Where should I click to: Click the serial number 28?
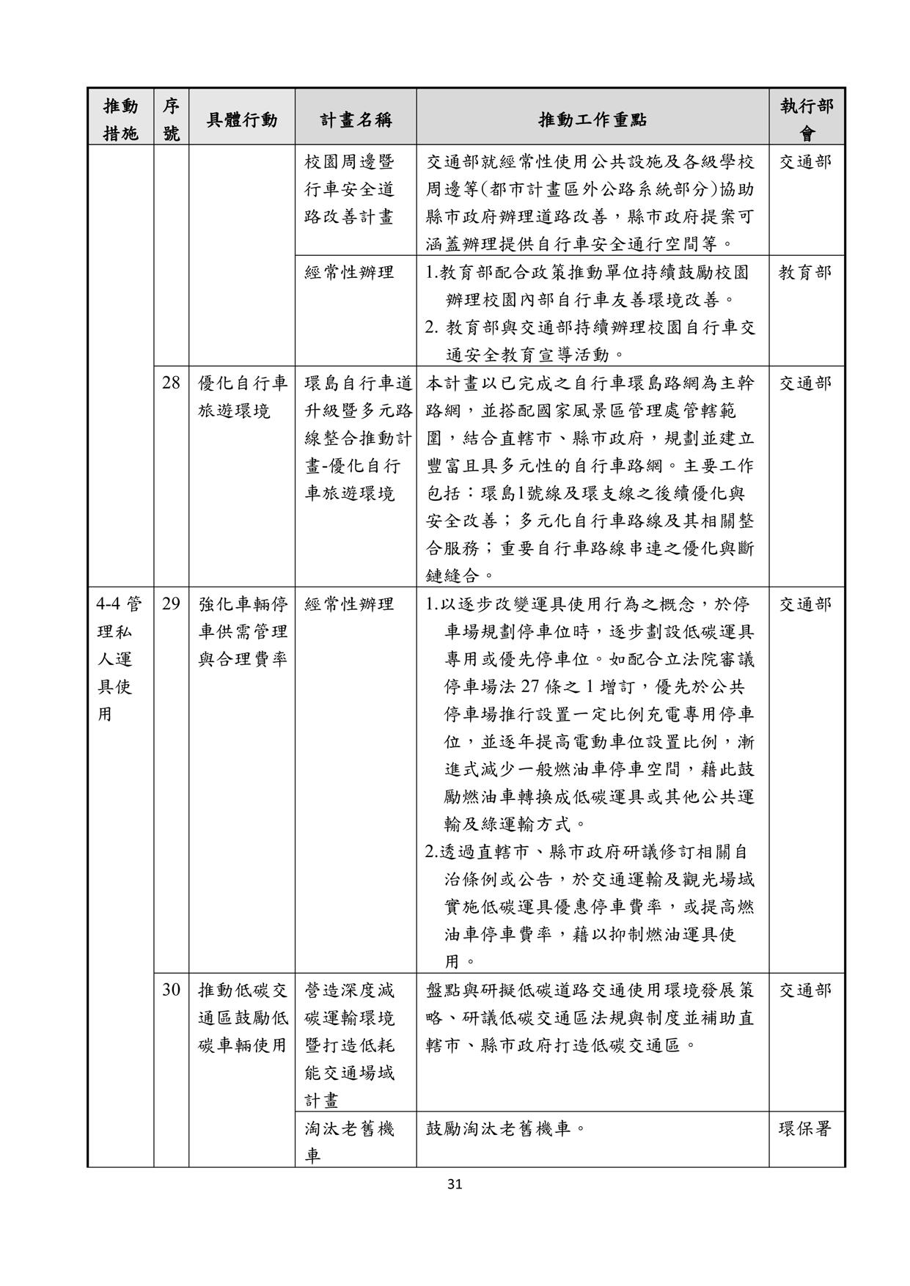171,383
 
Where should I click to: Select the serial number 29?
171,604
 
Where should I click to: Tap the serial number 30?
171,991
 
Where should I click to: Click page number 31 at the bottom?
455,1183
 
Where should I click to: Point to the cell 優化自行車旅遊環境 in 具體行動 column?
243,397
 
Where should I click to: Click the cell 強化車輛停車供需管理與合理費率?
243,631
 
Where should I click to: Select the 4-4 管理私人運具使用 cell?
120,658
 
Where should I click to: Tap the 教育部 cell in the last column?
805,273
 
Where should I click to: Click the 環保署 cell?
805,1128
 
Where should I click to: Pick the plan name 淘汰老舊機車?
350,1142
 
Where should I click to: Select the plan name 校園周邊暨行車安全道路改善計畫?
350,189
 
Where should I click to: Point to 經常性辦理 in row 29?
350,604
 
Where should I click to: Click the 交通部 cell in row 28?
805,383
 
